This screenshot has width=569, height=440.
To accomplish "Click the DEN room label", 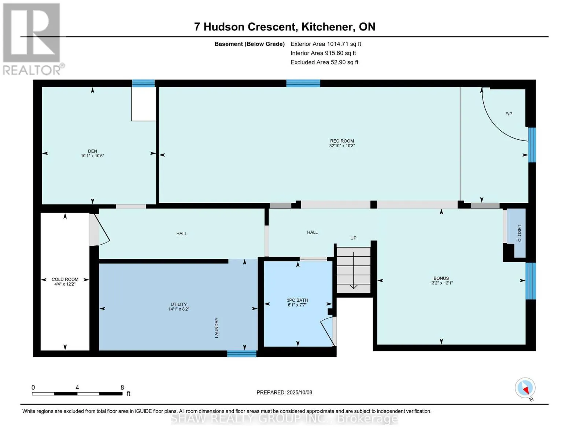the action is [x=92, y=151].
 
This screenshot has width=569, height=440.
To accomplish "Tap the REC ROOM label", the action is [x=342, y=141].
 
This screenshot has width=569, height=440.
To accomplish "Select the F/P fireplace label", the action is [x=509, y=114].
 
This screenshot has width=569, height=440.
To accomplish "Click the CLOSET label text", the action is [x=520, y=233].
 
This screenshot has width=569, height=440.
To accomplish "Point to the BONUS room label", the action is [x=441, y=278].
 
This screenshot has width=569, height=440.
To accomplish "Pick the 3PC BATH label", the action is [x=297, y=300].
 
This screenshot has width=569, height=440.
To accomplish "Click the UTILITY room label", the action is [x=178, y=304].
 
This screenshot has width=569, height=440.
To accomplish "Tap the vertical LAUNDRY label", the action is [x=217, y=327].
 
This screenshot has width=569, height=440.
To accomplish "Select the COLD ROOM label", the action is [x=65, y=279].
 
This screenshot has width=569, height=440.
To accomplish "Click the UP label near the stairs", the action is [x=354, y=238].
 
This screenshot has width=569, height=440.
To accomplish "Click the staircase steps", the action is [x=354, y=270].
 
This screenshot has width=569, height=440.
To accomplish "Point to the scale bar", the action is [x=77, y=394].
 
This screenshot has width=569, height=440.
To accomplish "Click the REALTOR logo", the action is [x=33, y=39].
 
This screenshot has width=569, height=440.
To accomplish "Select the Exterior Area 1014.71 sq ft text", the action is [x=326, y=44].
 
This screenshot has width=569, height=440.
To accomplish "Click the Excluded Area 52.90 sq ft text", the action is [x=324, y=62].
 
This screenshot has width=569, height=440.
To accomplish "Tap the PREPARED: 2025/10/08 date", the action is [x=284, y=393].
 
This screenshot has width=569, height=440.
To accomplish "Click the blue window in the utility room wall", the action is [x=241, y=354].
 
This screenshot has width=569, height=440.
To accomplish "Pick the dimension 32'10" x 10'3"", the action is [x=342, y=146].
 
